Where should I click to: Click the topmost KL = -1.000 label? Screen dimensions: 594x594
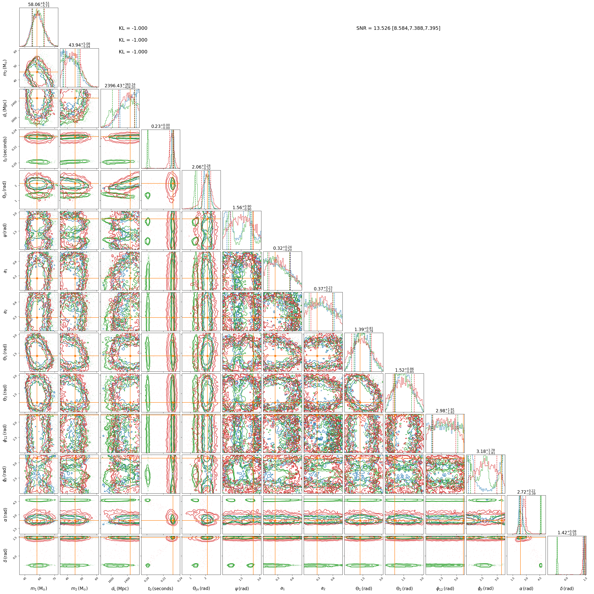[133, 28]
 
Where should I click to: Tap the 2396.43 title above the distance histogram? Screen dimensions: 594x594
[120, 86]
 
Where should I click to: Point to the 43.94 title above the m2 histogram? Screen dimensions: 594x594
[79, 45]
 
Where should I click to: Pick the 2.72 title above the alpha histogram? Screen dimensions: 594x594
[526, 492]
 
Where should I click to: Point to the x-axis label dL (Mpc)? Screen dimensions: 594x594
[120, 588]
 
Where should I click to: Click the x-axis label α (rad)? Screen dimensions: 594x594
[526, 588]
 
